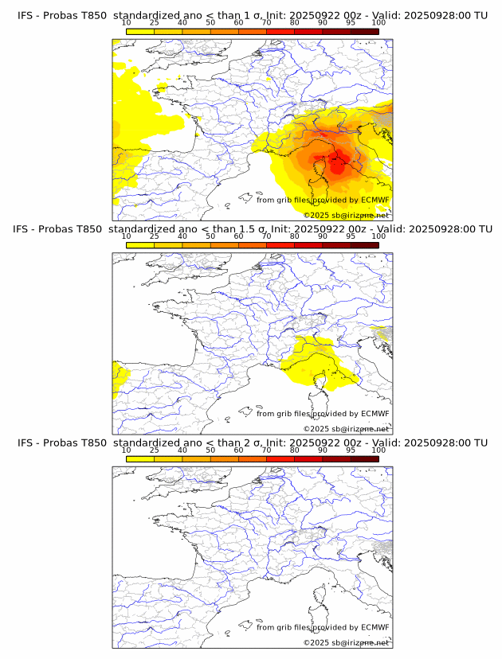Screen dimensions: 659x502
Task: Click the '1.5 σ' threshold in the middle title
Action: [253, 228]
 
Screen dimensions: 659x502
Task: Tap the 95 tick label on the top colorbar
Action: [351, 23]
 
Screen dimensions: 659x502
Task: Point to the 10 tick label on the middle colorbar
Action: [126, 236]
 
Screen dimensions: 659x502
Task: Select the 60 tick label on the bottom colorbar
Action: [238, 450]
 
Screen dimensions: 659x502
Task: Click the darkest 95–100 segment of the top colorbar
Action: [364, 31]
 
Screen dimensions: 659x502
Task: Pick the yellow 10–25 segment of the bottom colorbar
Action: [139, 458]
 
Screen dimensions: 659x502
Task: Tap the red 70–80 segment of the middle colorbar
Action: [280, 245]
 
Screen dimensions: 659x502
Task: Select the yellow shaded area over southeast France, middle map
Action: [315, 362]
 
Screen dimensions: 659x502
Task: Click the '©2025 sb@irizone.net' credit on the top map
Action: [346, 215]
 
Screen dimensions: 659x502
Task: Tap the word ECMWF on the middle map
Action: [375, 413]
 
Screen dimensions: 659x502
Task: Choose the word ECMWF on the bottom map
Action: [375, 627]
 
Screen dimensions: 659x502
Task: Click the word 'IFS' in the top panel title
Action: [26, 15]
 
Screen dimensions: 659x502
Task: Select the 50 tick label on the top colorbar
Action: [210, 23]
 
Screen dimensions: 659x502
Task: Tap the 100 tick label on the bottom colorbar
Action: [378, 450]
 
